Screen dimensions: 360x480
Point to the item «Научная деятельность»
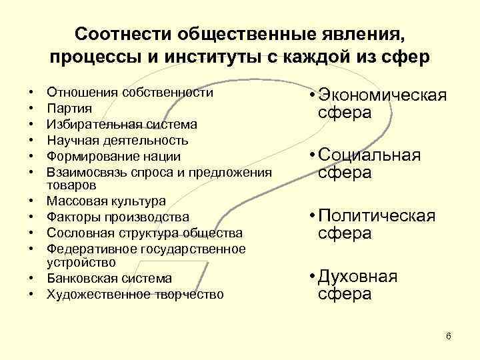(117, 140)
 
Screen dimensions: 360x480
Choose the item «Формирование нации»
(113, 156)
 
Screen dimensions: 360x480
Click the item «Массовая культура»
(106, 201)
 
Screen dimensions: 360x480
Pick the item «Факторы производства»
(117, 217)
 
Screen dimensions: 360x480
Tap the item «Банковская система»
(109, 278)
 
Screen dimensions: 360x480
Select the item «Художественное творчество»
(135, 294)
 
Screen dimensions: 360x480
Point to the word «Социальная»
(369, 155)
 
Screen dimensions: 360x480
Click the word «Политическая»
(376, 216)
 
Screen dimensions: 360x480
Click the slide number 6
(449, 335)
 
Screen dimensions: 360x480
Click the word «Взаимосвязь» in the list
(83, 172)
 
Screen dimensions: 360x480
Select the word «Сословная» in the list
(77, 233)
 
